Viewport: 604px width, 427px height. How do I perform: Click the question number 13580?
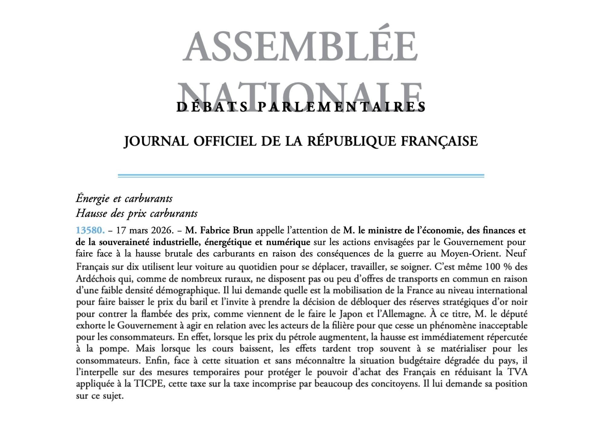coord(90,230)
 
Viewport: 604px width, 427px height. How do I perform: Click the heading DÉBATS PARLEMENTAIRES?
coord(301,107)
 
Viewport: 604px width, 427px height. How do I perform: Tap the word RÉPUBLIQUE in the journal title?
coord(351,141)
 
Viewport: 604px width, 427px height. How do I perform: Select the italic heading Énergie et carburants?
coord(124,198)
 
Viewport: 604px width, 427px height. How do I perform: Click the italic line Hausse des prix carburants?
coord(137,213)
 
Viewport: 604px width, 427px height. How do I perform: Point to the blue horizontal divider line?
coord(301,176)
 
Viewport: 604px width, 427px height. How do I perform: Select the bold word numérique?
coord(288,242)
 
